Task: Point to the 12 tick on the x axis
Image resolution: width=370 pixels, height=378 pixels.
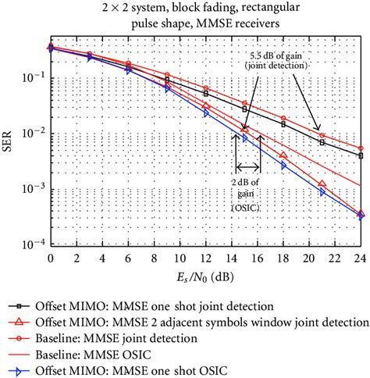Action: coord(205,257)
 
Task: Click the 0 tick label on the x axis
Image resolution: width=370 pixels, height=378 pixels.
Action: coord(51,257)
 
